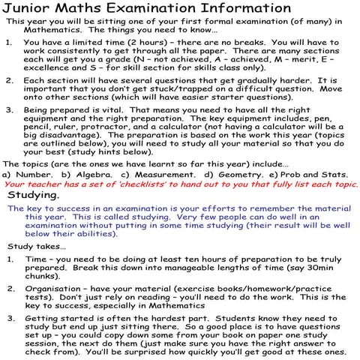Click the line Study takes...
[37, 245]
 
